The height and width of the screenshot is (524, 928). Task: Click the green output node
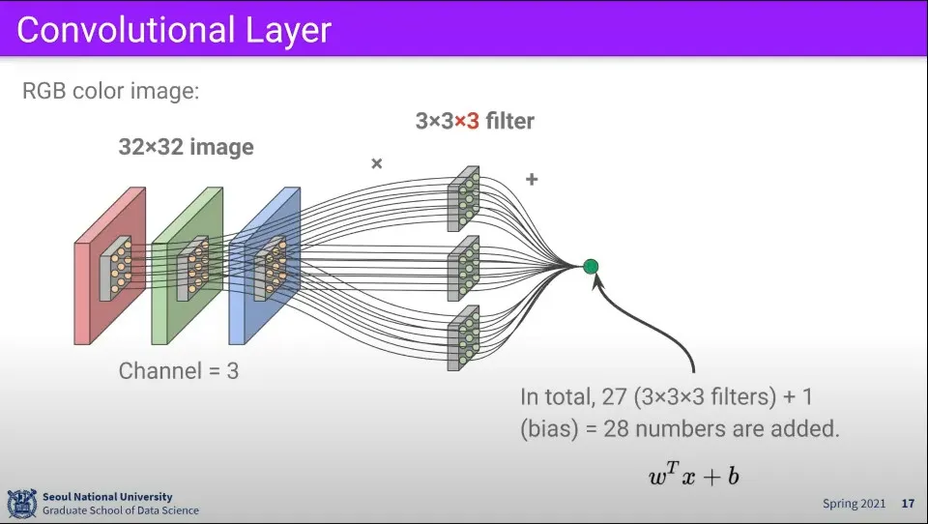click(591, 266)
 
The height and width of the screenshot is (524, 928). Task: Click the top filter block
click(463, 198)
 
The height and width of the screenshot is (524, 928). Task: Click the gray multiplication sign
click(377, 163)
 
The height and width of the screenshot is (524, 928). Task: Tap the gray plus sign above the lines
click(531, 180)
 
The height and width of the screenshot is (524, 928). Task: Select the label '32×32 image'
click(186, 148)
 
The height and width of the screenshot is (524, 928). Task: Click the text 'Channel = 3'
click(178, 370)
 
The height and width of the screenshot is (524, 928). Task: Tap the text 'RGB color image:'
click(109, 93)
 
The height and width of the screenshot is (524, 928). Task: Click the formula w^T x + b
click(694, 475)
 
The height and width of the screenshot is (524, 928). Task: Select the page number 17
click(907, 504)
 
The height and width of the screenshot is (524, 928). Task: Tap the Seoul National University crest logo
click(21, 503)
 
